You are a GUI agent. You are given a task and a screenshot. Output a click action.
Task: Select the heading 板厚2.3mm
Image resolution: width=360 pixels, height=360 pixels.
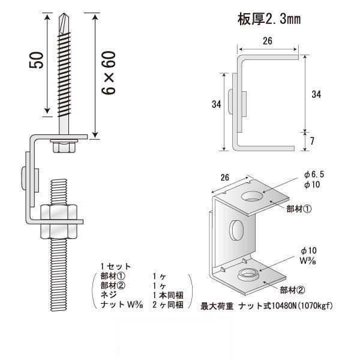point(269,19)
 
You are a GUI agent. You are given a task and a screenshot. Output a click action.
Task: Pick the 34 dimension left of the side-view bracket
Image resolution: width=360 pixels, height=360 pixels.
point(217,104)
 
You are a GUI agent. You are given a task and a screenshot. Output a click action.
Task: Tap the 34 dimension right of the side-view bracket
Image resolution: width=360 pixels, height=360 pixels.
point(316,94)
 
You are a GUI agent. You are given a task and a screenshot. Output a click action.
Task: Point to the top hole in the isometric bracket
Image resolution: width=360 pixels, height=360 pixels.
point(253,196)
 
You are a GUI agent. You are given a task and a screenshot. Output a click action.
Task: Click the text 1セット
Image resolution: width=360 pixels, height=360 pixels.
point(115,265)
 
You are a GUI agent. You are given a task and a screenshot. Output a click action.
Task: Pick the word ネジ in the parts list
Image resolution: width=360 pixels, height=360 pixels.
point(112,294)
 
